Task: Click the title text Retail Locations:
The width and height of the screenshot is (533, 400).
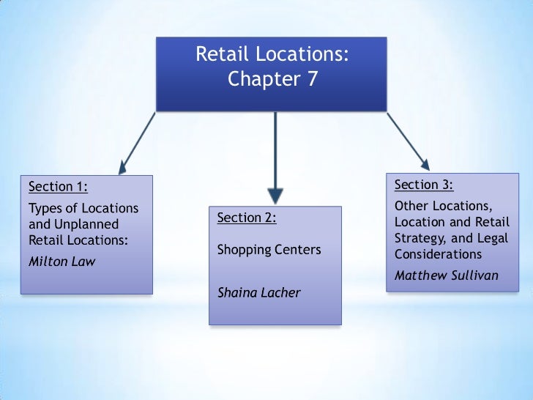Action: (x=272, y=54)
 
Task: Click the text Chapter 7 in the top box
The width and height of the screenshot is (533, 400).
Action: (x=272, y=79)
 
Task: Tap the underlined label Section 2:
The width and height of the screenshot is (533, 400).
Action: (x=246, y=218)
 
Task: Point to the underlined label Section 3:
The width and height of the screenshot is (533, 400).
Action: (x=423, y=183)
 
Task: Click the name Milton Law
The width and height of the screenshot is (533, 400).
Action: (x=61, y=262)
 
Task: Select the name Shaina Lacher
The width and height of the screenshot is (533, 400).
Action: (x=259, y=292)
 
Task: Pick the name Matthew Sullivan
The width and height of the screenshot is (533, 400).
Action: (x=447, y=276)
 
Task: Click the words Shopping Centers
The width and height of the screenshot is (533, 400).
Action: (x=269, y=250)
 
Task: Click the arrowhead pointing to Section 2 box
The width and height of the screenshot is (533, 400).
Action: (x=275, y=194)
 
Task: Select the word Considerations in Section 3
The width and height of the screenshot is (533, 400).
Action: (x=438, y=254)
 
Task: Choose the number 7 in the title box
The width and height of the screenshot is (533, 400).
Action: (x=312, y=79)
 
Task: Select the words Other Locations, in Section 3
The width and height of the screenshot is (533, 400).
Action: (x=442, y=205)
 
